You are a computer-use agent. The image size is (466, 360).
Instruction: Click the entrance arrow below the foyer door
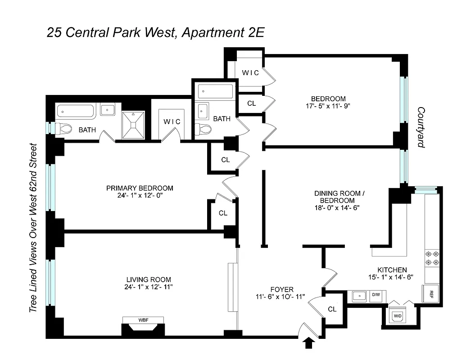[x=309, y=343]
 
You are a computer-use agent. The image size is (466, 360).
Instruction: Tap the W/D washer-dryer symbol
[x=398, y=315]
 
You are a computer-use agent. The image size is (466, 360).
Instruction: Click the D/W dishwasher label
[x=375, y=295]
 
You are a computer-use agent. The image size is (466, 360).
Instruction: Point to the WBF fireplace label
[x=143, y=320]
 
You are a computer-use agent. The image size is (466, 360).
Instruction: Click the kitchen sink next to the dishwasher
[x=358, y=296]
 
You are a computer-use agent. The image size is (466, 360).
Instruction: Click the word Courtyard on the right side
[x=421, y=127]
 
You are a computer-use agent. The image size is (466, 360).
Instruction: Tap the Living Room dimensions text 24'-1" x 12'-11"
[x=149, y=287]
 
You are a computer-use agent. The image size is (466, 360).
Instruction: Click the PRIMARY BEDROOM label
[x=140, y=188]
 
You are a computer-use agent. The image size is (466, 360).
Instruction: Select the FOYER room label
[x=282, y=289]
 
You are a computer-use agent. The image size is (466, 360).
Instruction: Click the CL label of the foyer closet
[x=332, y=309]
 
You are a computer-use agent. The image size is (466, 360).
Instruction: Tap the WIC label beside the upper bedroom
[x=251, y=72]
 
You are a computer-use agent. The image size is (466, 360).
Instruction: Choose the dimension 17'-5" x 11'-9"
[x=328, y=107]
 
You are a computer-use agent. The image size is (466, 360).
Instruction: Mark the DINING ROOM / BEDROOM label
[x=338, y=197]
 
